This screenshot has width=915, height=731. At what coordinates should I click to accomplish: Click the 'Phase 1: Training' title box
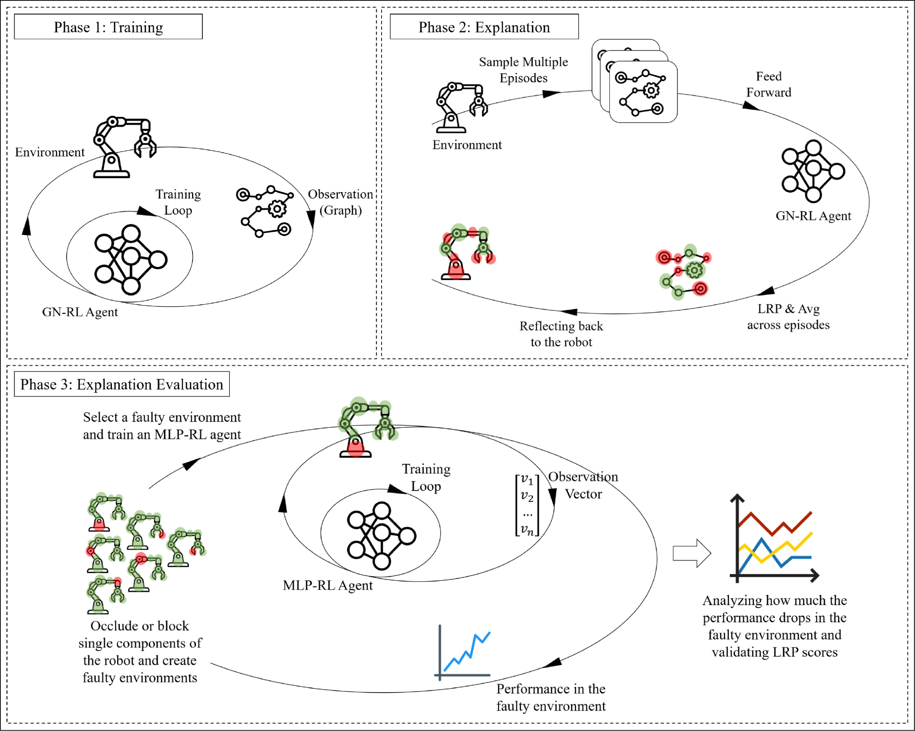pos(108,27)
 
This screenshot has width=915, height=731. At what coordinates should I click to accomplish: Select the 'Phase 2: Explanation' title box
pos(484,27)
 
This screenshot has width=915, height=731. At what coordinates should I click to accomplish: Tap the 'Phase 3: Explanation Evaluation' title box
pos(122,384)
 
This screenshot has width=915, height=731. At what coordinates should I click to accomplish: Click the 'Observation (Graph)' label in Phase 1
pos(341,202)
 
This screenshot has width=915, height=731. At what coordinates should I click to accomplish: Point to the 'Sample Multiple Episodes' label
pos(523,70)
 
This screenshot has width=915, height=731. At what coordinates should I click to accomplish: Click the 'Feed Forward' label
pos(768,84)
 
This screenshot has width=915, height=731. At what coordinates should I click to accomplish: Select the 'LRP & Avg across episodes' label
pos(788,317)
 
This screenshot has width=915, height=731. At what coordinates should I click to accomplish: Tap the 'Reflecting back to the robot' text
pos(561,334)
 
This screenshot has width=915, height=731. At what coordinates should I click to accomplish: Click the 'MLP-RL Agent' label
pos(328,586)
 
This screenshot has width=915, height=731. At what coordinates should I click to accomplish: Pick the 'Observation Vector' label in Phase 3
pos(583,485)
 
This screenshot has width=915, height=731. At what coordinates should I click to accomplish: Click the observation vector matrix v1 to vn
pos(527,505)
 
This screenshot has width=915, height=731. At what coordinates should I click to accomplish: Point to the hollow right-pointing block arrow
pos(692,554)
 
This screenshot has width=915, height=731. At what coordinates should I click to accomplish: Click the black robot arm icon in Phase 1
pos(124,147)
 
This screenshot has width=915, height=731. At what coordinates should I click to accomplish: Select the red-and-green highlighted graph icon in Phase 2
pos(683,272)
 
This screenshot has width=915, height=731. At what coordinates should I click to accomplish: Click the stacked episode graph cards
pos(634,81)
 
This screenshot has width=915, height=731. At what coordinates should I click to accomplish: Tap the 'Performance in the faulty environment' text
pos(551,697)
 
